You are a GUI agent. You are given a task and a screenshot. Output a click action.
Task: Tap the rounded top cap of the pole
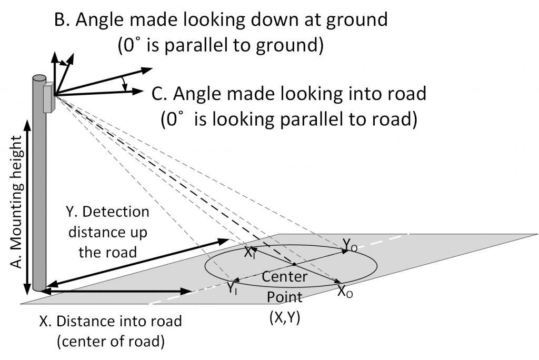(x=39, y=78)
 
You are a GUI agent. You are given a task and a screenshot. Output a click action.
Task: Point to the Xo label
(x=345, y=292)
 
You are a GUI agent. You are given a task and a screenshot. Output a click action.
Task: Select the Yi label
(x=232, y=288)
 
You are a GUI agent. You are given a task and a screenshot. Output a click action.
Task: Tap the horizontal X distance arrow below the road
(x=116, y=291)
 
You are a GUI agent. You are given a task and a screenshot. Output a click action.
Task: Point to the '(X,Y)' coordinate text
(x=283, y=318)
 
